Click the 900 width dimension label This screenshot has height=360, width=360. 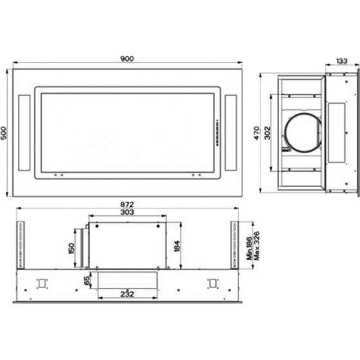pyautogui.click(x=127, y=59)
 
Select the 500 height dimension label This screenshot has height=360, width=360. pyautogui.click(x=4, y=133)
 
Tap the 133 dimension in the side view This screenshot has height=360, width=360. pyautogui.click(x=342, y=61)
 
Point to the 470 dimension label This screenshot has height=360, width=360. pyautogui.click(x=256, y=133)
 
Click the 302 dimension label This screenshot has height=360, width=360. pyautogui.click(x=267, y=133)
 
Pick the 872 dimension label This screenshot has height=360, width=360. pyautogui.click(x=127, y=204)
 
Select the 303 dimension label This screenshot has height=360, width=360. pyautogui.click(x=127, y=212)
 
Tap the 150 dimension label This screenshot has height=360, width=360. pyautogui.click(x=71, y=248)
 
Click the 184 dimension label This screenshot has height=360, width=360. pyautogui.click(x=177, y=246)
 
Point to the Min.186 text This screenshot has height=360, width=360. pyautogui.click(x=249, y=248)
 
